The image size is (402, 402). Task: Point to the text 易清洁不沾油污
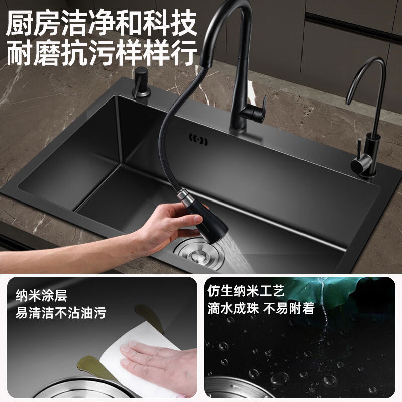click(x=60, y=313)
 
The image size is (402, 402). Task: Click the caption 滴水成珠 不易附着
click(x=261, y=308)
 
